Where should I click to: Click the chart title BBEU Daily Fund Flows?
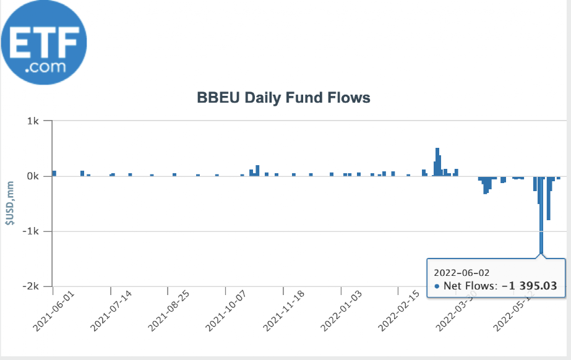tap(283, 98)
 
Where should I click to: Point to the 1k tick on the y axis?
tap(33, 121)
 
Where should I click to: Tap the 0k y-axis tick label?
tap(33, 176)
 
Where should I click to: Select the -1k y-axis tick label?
tap(32, 231)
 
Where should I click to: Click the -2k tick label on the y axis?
tap(32, 286)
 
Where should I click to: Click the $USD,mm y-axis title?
tap(9, 204)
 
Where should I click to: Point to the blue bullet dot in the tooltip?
tap(437, 286)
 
